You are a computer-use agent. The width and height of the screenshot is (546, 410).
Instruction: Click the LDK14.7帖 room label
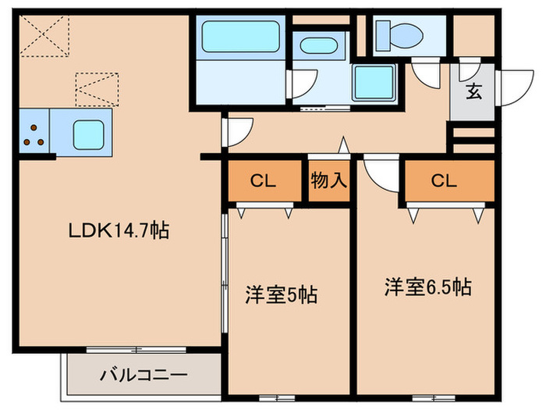pyautogui.click(x=119, y=231)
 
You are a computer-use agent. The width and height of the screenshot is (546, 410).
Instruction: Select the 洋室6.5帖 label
pyautogui.click(x=427, y=287)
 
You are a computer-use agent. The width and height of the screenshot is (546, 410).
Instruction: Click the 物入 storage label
pyautogui.click(x=328, y=181)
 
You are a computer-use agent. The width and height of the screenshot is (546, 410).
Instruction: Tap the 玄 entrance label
pyautogui.click(x=474, y=92)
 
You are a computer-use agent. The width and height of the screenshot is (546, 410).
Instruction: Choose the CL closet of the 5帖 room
pyautogui.click(x=264, y=181)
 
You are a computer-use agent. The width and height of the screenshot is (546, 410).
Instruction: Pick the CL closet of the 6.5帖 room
pyautogui.click(x=443, y=181)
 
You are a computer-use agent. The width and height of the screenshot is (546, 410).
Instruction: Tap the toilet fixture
pyautogui.click(x=399, y=34)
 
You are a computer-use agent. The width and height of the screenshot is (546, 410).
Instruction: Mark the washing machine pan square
pyautogui.click(x=374, y=82)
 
